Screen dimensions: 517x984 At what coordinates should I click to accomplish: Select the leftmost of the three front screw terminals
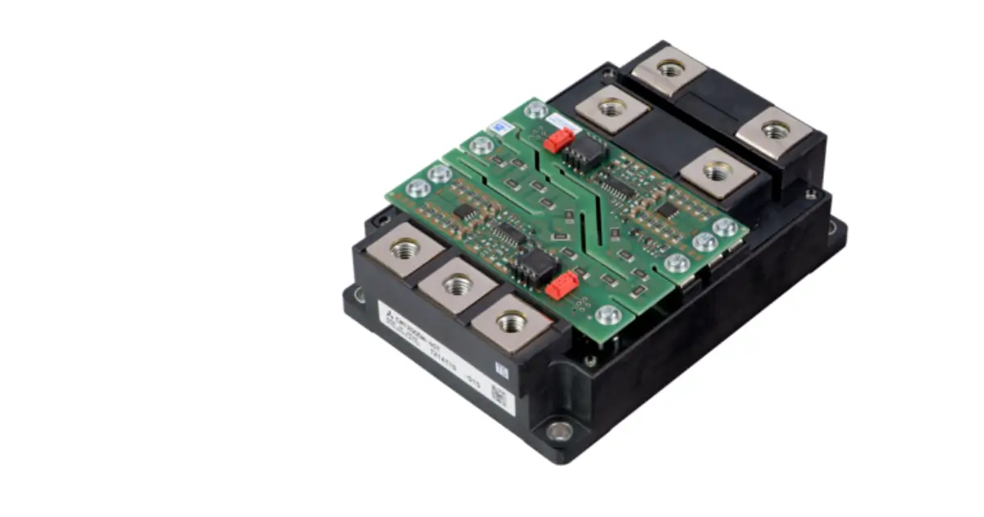pyautogui.click(x=405, y=249)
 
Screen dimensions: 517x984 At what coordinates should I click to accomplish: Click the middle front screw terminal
pyautogui.click(x=458, y=286)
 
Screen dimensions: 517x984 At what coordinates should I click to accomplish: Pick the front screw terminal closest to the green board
pyautogui.click(x=512, y=323)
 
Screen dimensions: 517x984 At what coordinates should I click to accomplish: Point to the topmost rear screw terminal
pyautogui.click(x=670, y=69)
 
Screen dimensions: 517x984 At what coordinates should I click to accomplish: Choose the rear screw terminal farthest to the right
pyautogui.click(x=774, y=130)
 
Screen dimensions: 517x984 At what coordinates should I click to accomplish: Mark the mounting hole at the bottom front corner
pyautogui.click(x=559, y=430)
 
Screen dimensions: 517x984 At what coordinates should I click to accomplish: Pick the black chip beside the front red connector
pyautogui.click(x=535, y=264)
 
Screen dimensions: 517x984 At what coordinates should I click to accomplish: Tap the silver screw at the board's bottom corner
pyautogui.click(x=608, y=314)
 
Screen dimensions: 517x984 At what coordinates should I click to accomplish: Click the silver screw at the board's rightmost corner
pyautogui.click(x=725, y=227)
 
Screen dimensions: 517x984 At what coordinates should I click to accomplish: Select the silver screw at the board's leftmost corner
pyautogui.click(x=418, y=189)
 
